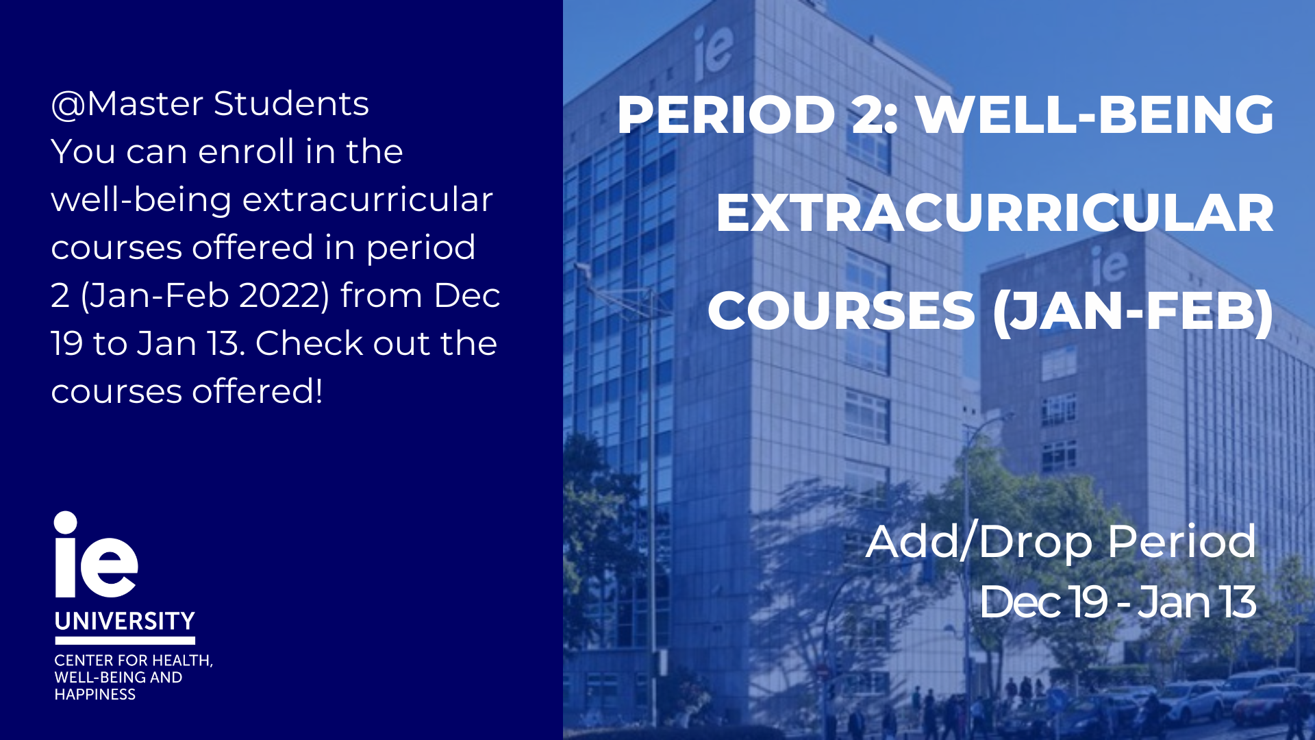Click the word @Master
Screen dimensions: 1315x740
tap(127, 104)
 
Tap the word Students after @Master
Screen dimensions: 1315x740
tap(291, 104)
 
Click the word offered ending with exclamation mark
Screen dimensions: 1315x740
tap(257, 391)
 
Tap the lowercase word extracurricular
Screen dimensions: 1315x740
tap(368, 200)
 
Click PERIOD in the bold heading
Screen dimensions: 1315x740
tap(726, 114)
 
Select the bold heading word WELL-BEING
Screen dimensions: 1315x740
tap(1095, 114)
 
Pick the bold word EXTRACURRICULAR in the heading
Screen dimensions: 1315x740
tap(995, 213)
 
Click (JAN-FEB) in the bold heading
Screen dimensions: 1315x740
tap(1134, 312)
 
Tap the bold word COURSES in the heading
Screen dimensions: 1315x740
tap(842, 311)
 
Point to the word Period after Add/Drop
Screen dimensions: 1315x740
tap(1182, 541)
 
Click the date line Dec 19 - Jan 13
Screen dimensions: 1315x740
tap(1118, 602)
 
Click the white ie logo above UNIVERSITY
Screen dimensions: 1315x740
tap(96, 554)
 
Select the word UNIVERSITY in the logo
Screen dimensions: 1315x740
tap(125, 621)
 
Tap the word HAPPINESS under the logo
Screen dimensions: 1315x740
tap(95, 695)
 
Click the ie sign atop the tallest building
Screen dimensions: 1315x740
tap(712, 51)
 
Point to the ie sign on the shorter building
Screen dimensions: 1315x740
tap(1109, 264)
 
